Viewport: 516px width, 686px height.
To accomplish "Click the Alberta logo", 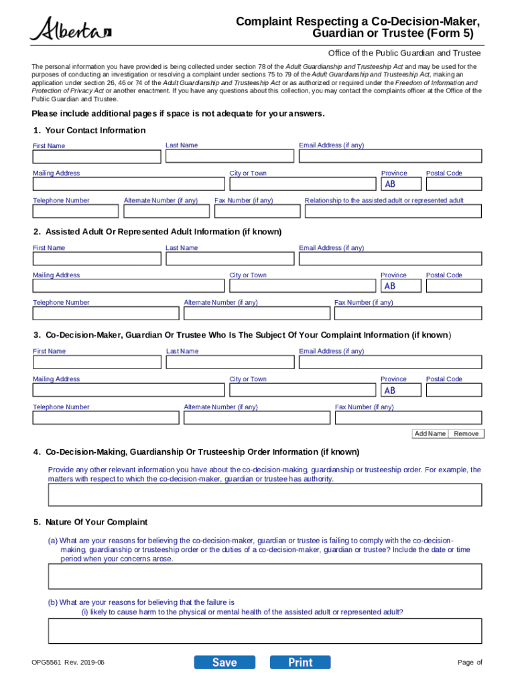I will (70, 29).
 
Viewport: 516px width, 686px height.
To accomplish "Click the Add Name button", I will (430, 434).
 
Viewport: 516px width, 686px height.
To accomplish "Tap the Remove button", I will (466, 434).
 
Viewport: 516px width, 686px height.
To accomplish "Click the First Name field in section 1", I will (96, 157).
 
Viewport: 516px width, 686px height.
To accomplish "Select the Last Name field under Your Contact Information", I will (229, 156).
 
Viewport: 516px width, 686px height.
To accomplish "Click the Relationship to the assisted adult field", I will (393, 211).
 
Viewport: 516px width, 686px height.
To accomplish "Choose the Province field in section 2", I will (401, 286).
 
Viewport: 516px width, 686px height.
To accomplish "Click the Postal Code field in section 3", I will (454, 390).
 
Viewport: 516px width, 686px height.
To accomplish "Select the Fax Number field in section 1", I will (257, 211).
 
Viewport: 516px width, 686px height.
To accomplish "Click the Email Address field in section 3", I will (390, 362).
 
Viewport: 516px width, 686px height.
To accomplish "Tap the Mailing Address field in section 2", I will (128, 286).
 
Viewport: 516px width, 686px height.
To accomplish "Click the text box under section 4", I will (265, 495).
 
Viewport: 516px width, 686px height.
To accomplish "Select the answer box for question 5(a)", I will (265, 576).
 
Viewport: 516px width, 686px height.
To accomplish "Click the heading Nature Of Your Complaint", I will (96, 522).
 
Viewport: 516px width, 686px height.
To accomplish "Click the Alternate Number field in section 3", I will (257, 418).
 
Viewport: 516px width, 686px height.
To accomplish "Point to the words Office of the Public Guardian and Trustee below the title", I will (404, 53).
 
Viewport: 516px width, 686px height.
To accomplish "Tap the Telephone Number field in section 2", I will (106, 314).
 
